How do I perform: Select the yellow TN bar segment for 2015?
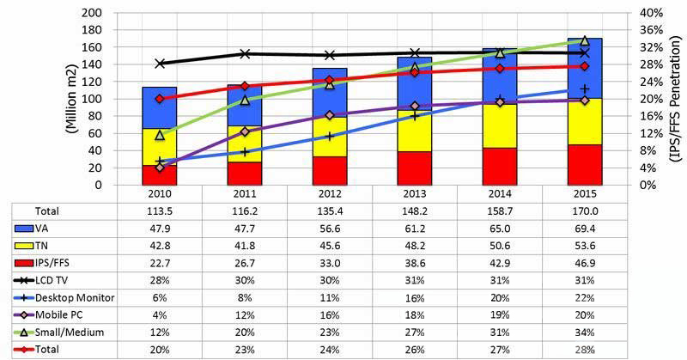(x=585, y=120)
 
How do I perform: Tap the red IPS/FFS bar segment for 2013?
(x=414, y=168)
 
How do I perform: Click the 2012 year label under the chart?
(x=329, y=194)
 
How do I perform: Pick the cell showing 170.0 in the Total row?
(x=585, y=210)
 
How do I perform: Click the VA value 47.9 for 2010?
(x=159, y=227)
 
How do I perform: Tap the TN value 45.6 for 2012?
(x=329, y=245)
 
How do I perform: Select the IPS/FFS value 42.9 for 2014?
(x=500, y=262)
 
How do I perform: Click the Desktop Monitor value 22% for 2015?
(x=585, y=297)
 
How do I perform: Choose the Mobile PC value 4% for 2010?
(x=159, y=314)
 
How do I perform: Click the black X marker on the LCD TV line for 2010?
(x=159, y=64)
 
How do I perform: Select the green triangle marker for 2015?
(x=585, y=40)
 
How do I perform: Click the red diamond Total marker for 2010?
(x=159, y=98)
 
